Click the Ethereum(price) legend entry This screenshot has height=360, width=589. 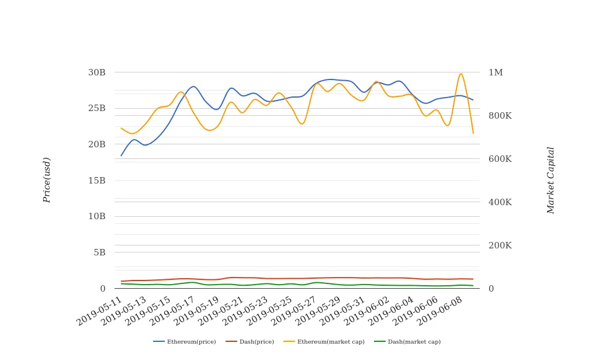pos(185,342)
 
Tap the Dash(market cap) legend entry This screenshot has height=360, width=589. pos(407,342)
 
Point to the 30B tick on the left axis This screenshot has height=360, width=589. pos(97,72)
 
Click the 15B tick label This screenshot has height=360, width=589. pos(97,181)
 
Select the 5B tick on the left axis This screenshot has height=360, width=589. pos(100,252)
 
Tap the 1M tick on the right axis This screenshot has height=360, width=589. pos(496,72)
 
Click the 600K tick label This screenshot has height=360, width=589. pos(500,159)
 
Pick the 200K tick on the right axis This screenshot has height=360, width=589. pos(500,245)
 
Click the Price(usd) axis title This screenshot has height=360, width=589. pos(47,180)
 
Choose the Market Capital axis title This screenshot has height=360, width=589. pos(550,180)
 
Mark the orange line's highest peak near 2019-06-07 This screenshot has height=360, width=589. pos(460,74)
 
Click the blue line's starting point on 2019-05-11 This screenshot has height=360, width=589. pos(121,155)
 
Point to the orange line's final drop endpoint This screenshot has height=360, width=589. pos(473,133)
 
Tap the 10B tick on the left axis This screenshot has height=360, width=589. pos(97,216)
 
